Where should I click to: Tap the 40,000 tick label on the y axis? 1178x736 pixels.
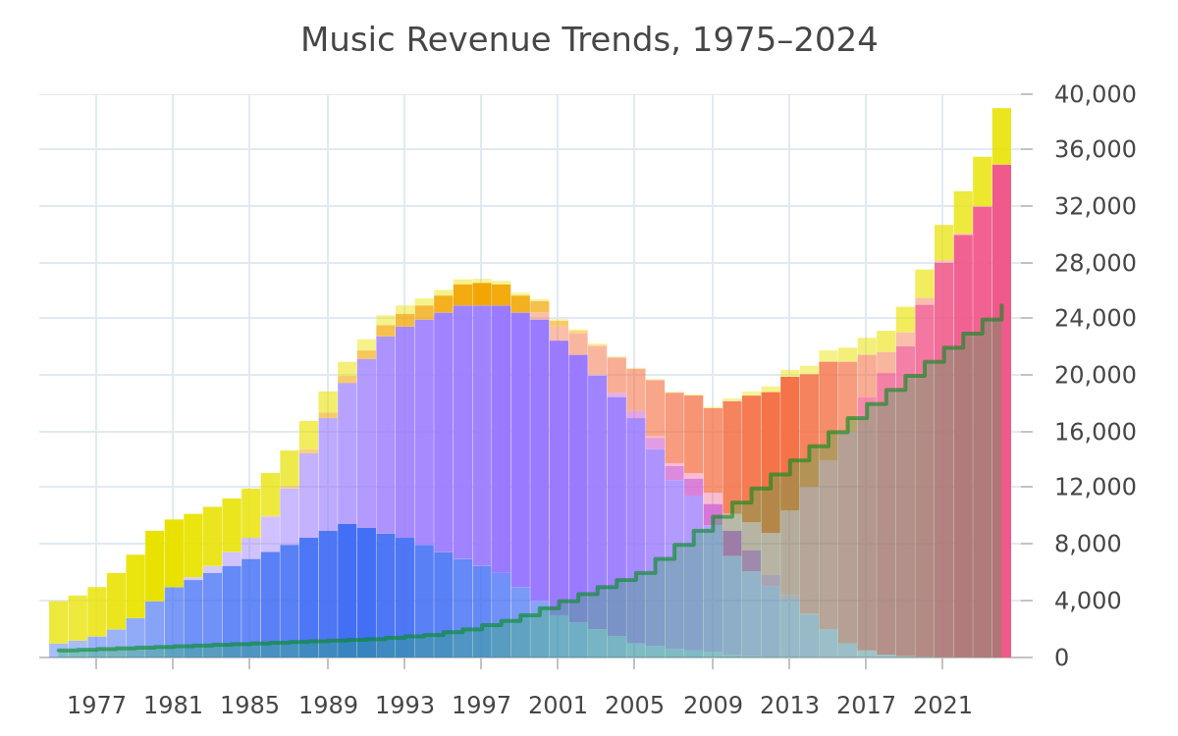[x=1095, y=94]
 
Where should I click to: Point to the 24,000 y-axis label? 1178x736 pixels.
[x=1095, y=318]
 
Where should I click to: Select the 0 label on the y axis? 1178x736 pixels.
[x=1061, y=657]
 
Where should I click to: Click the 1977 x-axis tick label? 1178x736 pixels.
[x=97, y=706]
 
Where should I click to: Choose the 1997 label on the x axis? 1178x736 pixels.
[x=481, y=706]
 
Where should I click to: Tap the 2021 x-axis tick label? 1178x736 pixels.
[x=942, y=706]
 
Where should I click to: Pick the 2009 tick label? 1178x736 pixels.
[x=713, y=706]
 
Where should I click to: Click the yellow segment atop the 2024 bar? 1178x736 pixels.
[x=1001, y=136]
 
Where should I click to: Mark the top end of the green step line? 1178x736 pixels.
[x=1002, y=305]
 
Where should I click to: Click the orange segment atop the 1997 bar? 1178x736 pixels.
[x=482, y=294]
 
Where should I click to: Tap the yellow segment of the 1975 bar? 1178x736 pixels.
[x=58, y=622]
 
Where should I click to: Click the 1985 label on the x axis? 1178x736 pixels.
[x=249, y=706]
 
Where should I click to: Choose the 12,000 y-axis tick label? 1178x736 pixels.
[x=1095, y=487]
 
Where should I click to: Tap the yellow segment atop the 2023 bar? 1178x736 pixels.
[x=983, y=182]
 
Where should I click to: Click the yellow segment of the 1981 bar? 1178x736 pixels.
[x=174, y=553]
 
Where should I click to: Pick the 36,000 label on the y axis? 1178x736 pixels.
[x=1095, y=150]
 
